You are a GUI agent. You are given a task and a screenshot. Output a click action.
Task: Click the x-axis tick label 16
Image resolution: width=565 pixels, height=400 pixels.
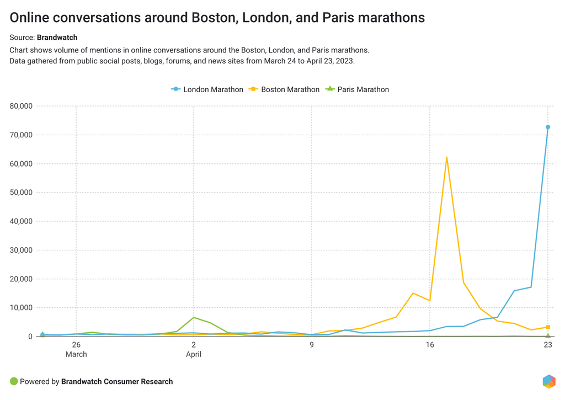point(430,345)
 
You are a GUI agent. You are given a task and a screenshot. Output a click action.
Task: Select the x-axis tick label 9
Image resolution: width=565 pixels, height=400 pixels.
point(312,345)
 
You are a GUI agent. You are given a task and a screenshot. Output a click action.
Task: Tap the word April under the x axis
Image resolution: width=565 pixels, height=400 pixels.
point(194,354)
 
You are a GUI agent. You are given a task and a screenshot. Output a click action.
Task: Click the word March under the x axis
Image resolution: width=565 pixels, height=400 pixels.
point(76,354)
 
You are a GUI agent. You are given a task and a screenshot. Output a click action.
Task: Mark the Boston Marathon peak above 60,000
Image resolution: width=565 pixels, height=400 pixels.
point(446,158)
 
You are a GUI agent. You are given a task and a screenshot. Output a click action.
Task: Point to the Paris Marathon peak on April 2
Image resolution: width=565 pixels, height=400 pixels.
point(194,317)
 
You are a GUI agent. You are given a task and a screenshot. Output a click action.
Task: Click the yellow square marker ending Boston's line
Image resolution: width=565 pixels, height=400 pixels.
point(548,327)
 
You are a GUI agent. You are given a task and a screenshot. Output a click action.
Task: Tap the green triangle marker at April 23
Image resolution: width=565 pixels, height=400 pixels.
point(548,335)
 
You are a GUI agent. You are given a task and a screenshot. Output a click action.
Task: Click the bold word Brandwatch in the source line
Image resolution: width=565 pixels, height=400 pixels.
point(57,38)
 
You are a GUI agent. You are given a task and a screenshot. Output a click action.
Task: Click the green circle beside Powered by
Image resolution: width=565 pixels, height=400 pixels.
point(14,381)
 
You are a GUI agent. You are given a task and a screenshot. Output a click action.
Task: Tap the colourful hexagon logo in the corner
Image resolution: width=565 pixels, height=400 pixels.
point(549,381)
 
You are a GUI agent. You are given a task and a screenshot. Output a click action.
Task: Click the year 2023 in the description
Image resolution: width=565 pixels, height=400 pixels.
point(344,61)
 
